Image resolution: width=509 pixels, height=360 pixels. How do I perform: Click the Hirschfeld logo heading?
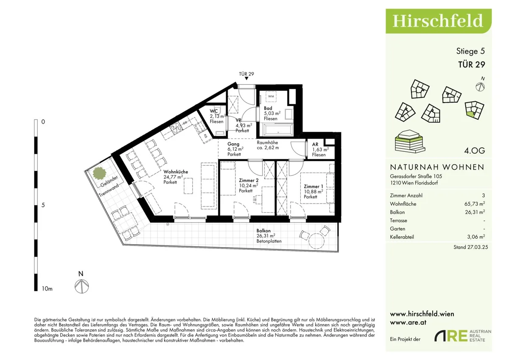[438, 21]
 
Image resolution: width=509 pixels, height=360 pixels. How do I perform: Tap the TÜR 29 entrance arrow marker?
[246, 78]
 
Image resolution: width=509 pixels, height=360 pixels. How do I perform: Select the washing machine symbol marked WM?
[271, 96]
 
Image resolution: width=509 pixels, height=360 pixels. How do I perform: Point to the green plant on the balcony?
[99, 173]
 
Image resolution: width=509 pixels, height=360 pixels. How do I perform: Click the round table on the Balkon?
[316, 240]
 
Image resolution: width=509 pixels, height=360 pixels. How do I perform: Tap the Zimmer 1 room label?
[313, 186]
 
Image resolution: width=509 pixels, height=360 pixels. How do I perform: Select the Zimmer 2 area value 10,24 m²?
[249, 185]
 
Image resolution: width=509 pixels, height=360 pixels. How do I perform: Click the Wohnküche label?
[176, 172]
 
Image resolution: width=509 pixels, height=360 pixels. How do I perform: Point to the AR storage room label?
[315, 144]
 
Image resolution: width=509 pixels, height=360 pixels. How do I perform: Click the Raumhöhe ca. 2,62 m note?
[268, 145]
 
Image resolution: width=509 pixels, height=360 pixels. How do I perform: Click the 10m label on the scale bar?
[47, 289]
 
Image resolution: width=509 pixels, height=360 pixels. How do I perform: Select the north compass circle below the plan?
[81, 286]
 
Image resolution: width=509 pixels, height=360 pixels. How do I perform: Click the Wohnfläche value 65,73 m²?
[475, 204]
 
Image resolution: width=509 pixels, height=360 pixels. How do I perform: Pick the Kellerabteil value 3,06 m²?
[476, 237]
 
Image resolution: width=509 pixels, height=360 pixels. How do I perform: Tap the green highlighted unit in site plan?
[470, 115]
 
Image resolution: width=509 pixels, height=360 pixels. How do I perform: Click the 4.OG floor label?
[475, 151]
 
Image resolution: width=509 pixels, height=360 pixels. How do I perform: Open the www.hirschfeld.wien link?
[422, 314]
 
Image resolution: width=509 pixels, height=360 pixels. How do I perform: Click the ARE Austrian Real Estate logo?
[463, 336]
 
